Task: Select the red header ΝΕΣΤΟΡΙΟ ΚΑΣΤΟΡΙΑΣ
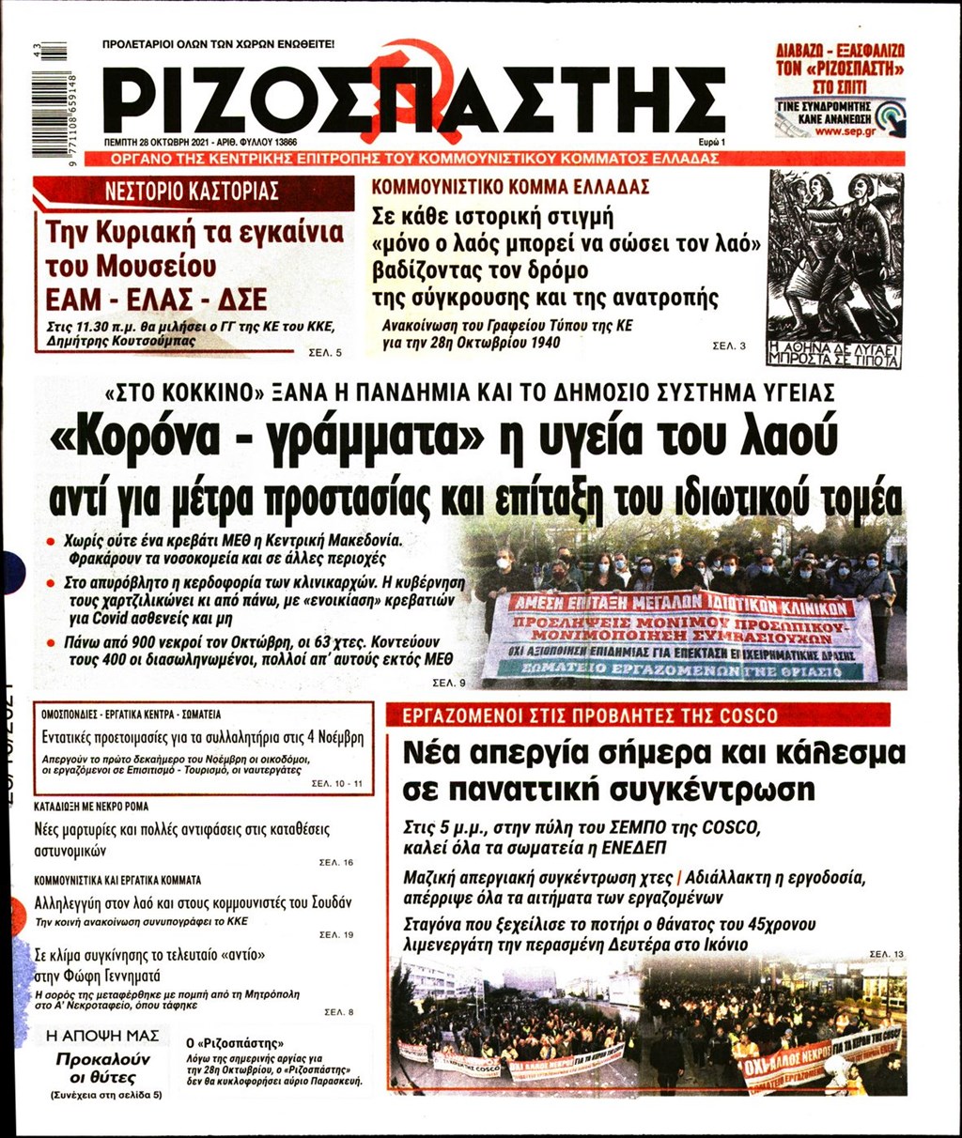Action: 193,192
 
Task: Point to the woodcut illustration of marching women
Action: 834,269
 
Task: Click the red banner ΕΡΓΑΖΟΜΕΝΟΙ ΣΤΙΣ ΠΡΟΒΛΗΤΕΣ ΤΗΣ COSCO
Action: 590,715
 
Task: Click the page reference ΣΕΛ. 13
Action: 886,954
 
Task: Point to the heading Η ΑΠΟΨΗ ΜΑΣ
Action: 103,1036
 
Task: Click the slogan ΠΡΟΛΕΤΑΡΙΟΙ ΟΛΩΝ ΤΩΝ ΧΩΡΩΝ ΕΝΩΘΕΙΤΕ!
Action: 218,44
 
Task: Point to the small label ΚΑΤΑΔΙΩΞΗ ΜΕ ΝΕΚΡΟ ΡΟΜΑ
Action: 91,806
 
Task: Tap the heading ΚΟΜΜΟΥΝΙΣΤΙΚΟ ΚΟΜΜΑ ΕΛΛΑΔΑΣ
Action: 510,187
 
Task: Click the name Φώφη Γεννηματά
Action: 98,975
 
